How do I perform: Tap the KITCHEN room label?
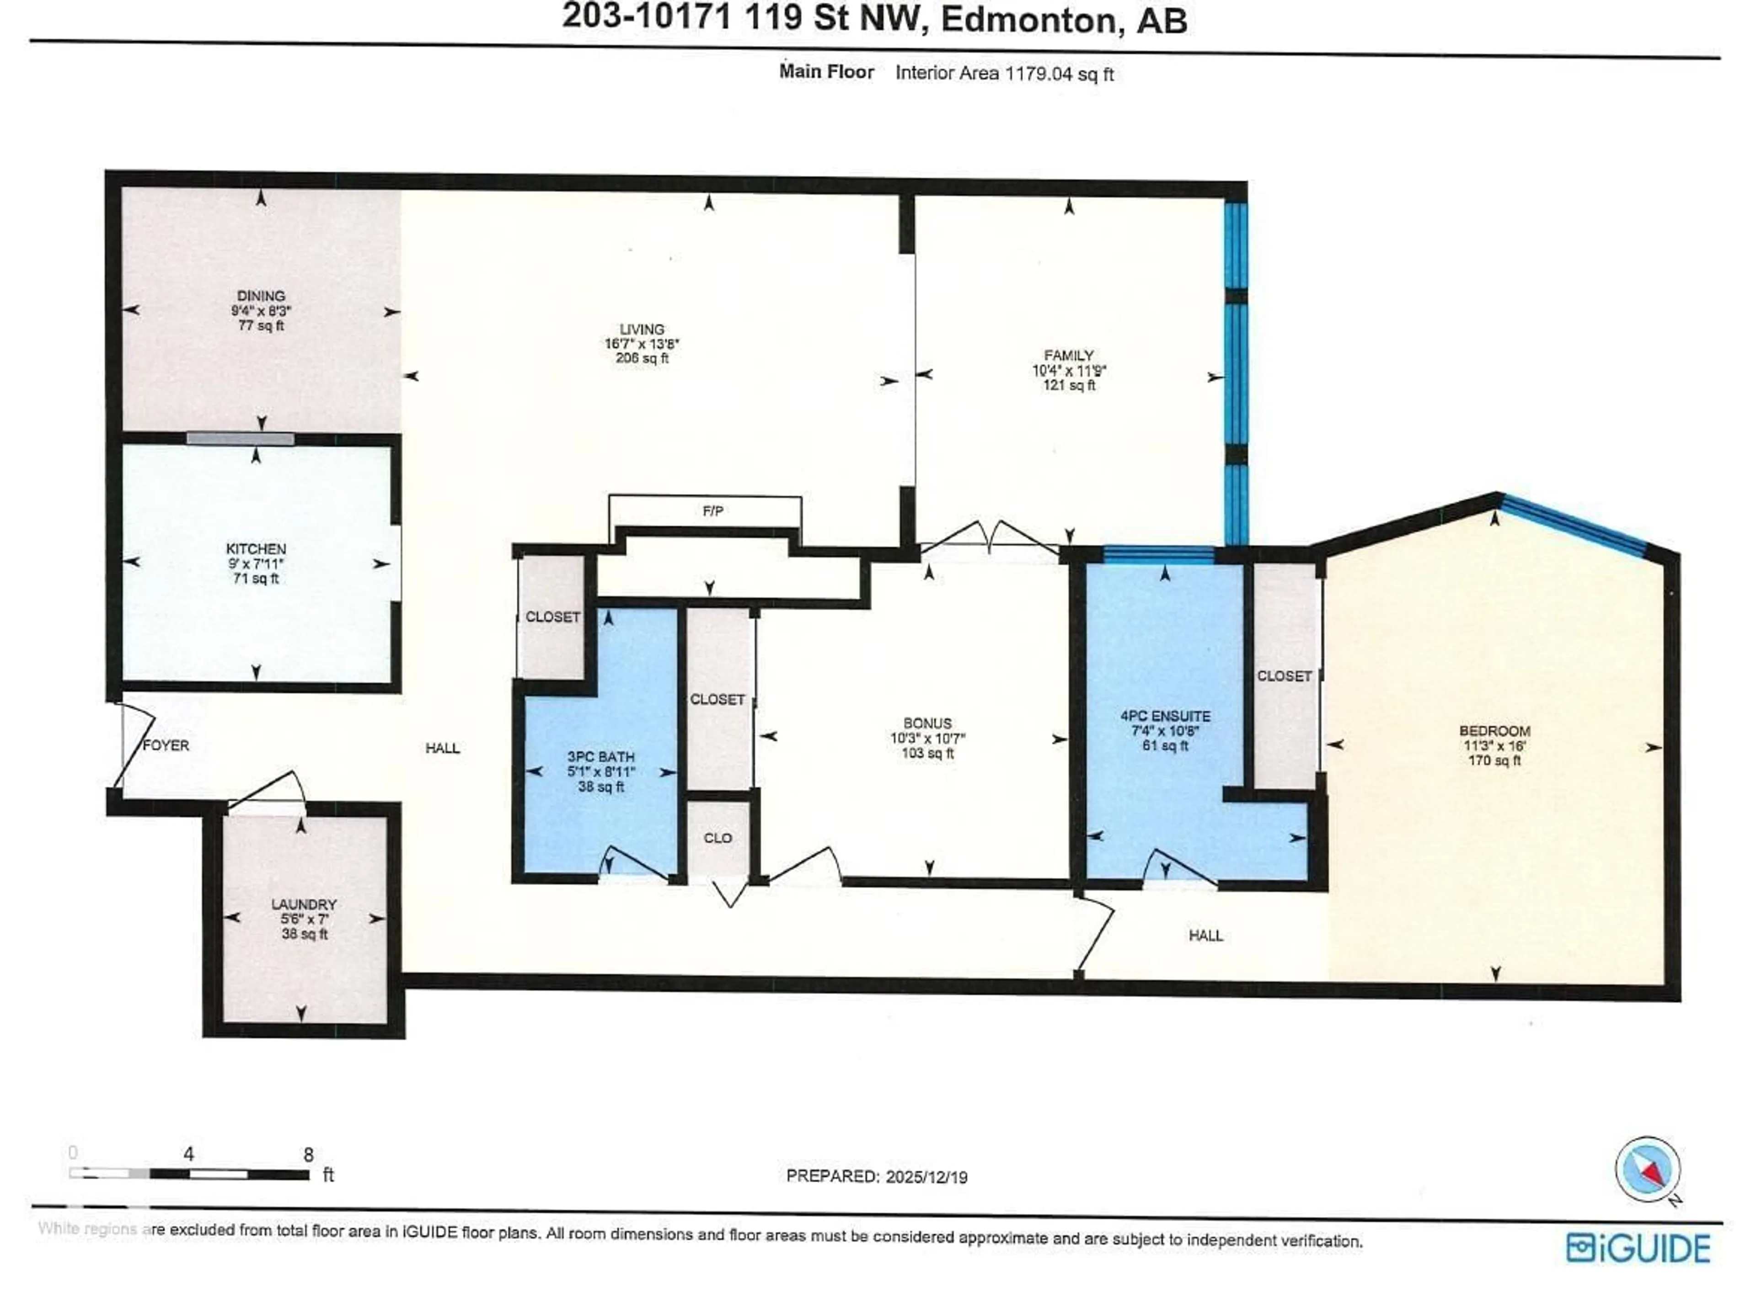256,549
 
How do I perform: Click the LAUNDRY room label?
304,904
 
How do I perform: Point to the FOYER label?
166,745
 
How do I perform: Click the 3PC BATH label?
600,757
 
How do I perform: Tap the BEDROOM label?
1494,731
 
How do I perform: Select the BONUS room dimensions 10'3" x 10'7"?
927,738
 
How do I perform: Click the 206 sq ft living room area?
642,359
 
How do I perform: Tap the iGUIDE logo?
1638,1247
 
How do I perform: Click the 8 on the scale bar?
308,1154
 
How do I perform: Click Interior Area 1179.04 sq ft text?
1004,74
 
